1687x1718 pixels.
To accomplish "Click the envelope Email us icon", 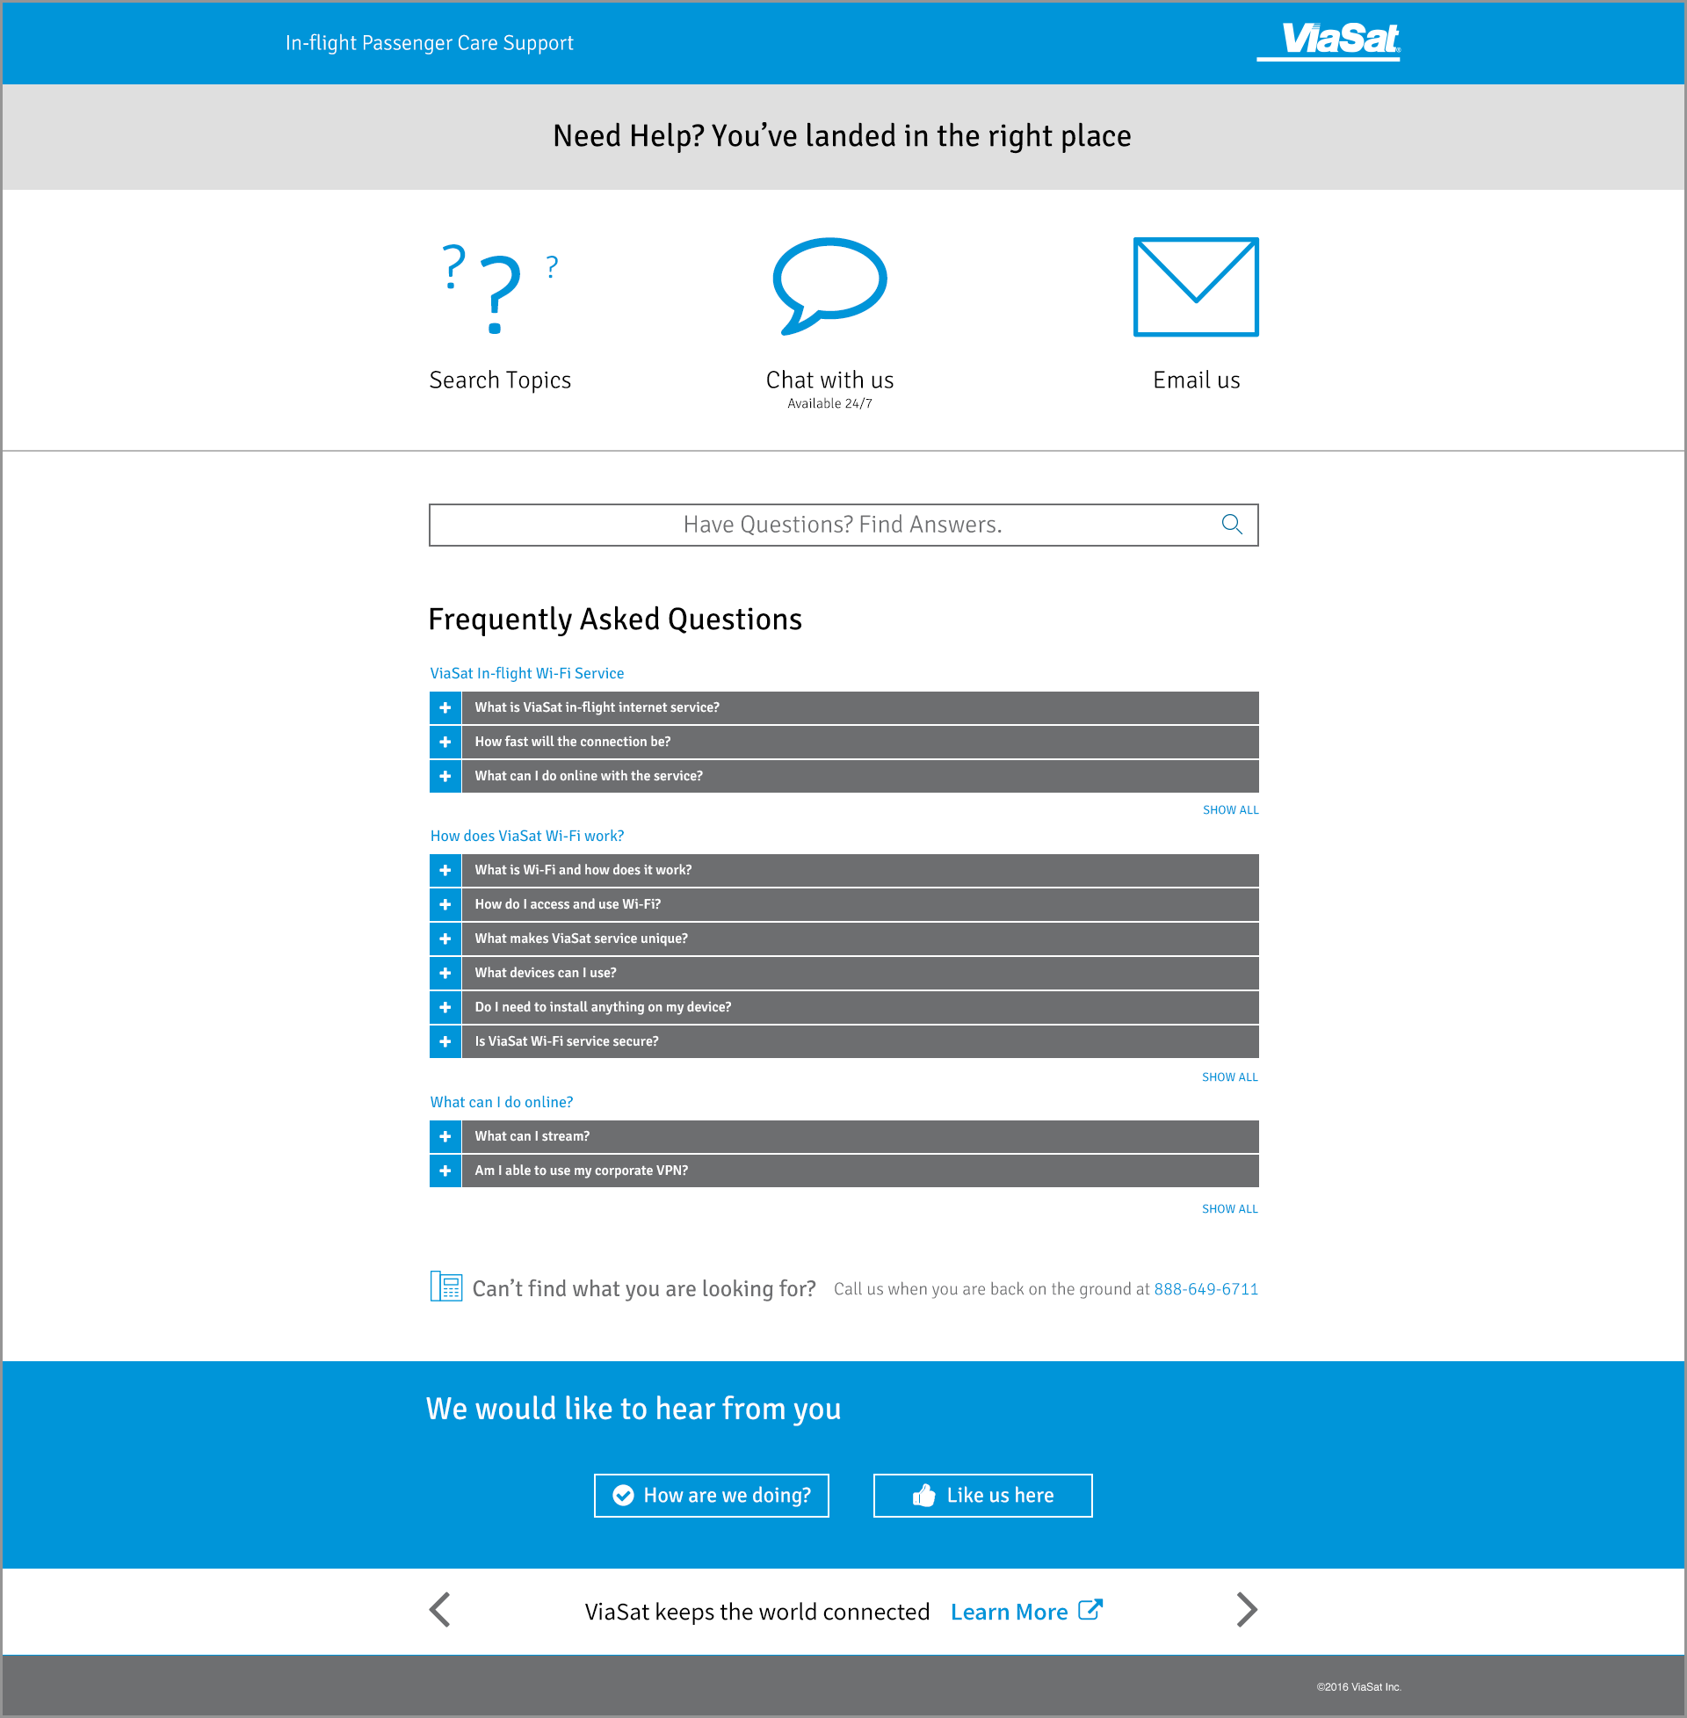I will pyautogui.click(x=1195, y=286).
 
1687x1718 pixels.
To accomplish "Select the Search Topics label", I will pyautogui.click(x=500, y=381).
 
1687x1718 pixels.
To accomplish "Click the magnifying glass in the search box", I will pyautogui.click(x=1232, y=525).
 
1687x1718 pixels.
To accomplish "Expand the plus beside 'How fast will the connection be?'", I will pyautogui.click(x=445, y=742).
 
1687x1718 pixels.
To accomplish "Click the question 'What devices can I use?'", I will pyautogui.click(x=545, y=973).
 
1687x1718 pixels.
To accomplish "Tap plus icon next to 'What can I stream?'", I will pyautogui.click(x=445, y=1136).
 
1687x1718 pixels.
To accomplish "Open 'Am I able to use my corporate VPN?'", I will pyautogui.click(x=582, y=1171).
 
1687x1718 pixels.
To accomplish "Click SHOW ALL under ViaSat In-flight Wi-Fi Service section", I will pyautogui.click(x=1230, y=810).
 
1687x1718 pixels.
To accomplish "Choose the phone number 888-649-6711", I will pyautogui.click(x=1205, y=1289).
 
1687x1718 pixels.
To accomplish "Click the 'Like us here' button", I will pyautogui.click(x=982, y=1496).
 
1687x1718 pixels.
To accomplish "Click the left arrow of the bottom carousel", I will pyautogui.click(x=440, y=1610).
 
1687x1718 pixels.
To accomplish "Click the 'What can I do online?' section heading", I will pyautogui.click(x=502, y=1102).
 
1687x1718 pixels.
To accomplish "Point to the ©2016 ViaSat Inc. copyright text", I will pyautogui.click(x=1358, y=1687).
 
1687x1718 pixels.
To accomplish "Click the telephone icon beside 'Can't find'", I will pyautogui.click(x=445, y=1287).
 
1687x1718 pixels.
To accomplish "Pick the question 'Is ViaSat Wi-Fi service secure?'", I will pyautogui.click(x=566, y=1041).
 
